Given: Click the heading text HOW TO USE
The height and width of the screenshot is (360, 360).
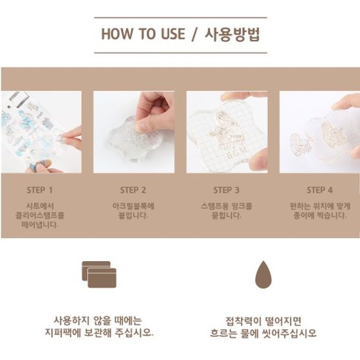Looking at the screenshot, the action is tap(143, 34).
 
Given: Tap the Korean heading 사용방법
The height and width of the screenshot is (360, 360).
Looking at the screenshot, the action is tap(232, 35).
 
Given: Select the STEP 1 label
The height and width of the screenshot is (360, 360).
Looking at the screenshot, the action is tap(40, 190).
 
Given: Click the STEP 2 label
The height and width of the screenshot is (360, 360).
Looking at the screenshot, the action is tap(133, 190).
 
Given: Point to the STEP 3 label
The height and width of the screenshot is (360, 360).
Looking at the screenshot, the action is tap(226, 190).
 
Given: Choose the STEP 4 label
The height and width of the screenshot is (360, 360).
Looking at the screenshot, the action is tap(319, 190).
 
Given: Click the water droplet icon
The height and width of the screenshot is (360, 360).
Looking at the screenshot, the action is tap(263, 275).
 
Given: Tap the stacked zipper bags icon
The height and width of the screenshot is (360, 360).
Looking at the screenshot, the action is tap(99, 274).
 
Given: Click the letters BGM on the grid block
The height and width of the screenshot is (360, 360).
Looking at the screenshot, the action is tap(238, 153).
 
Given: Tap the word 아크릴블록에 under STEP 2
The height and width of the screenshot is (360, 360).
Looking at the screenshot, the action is tap(134, 206).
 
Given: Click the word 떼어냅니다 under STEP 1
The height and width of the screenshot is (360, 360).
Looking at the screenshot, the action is tap(40, 225).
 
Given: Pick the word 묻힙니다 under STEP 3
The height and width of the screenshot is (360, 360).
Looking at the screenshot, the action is tap(226, 215).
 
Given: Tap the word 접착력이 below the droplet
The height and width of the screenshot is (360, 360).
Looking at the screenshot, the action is tap(243, 321).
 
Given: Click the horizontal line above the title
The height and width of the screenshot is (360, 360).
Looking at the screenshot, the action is tap(181, 18).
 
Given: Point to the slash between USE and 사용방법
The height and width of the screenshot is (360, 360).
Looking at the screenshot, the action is tap(194, 35).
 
